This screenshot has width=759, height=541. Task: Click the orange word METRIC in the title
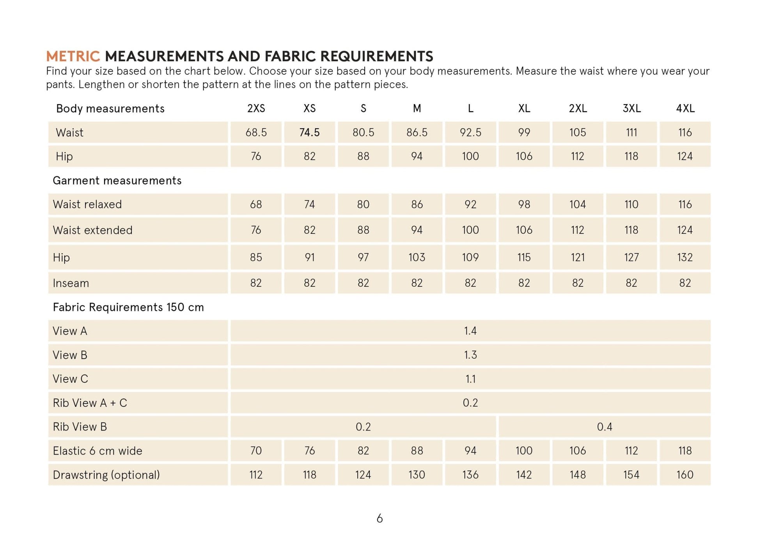click(73, 57)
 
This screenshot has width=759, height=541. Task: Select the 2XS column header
click(256, 108)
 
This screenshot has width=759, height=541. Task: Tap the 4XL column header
click(685, 108)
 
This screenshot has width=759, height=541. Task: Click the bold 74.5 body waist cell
click(309, 133)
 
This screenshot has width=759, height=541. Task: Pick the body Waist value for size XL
click(524, 133)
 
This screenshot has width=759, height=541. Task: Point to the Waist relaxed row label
click(87, 204)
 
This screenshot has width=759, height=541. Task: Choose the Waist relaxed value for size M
click(417, 204)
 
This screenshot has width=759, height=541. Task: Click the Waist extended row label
click(92, 230)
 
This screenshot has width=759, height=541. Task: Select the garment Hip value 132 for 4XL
click(685, 257)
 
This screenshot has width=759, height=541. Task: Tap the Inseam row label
click(71, 283)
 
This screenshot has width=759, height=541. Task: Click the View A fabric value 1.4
click(470, 331)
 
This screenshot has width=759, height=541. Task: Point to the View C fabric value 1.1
click(470, 379)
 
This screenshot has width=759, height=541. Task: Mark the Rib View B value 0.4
click(604, 427)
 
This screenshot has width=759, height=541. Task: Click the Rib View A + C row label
click(90, 403)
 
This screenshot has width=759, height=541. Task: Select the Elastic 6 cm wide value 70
click(256, 451)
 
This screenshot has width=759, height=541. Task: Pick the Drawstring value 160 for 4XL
click(685, 475)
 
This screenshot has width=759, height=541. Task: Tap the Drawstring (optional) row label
click(106, 475)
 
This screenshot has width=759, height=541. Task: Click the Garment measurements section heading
click(117, 181)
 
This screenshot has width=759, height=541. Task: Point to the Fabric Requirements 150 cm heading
click(128, 307)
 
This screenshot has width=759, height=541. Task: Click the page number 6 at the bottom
click(379, 518)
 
